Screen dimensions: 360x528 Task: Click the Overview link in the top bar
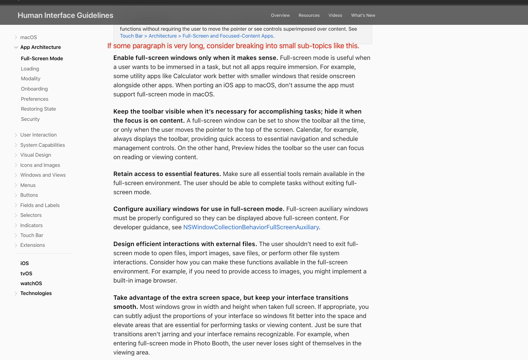tap(280, 15)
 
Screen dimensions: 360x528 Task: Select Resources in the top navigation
tap(309, 15)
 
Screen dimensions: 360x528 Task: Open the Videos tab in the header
tap(335, 15)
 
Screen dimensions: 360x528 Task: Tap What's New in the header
tap(363, 15)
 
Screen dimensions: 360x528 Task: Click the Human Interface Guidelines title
tap(65, 15)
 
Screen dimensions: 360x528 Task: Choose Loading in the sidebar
tap(30, 69)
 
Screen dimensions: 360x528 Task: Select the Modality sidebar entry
tap(31, 78)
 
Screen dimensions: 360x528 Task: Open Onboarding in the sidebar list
tap(34, 89)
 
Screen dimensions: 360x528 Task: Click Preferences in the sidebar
tap(35, 99)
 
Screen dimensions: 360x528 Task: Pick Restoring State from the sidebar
tap(38, 109)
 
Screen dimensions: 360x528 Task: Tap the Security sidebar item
tap(30, 119)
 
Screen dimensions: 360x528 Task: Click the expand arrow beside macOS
tap(16, 37)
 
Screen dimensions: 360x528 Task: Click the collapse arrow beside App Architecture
tap(16, 47)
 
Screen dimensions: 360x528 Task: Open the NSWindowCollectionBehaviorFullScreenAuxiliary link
tap(251, 227)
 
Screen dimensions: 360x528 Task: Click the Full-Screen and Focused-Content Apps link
tap(228, 36)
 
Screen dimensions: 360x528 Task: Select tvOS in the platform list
tap(26, 273)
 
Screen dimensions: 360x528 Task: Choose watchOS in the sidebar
tap(31, 283)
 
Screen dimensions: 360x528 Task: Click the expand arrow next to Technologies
tap(16, 294)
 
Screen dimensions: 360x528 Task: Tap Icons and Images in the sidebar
tap(40, 165)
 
